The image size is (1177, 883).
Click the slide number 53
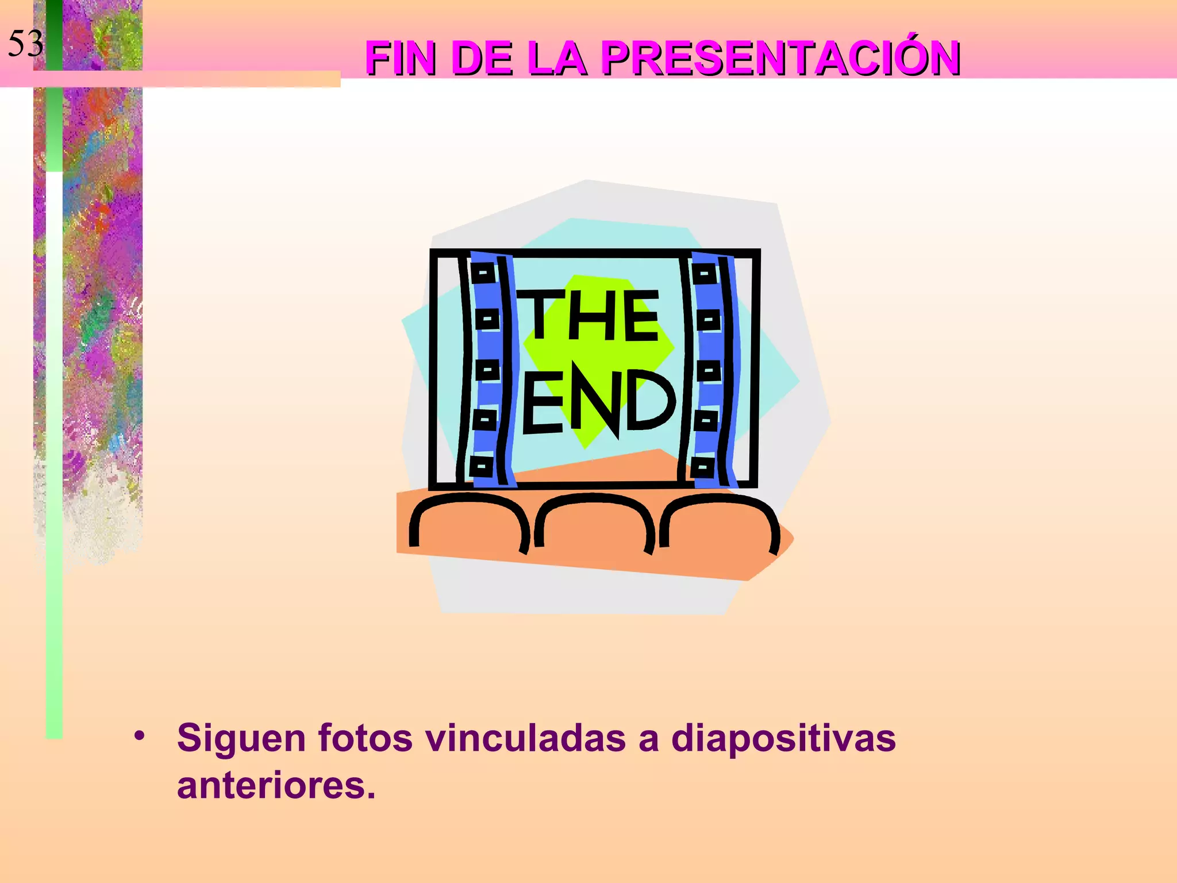26,44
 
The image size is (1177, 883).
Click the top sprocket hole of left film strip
483,272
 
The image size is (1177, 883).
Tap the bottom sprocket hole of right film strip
703,467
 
